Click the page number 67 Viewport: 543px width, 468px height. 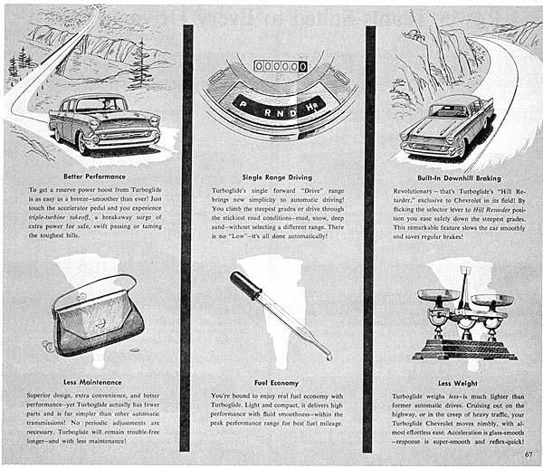pos(527,454)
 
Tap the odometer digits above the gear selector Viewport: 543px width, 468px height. pos(281,66)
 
